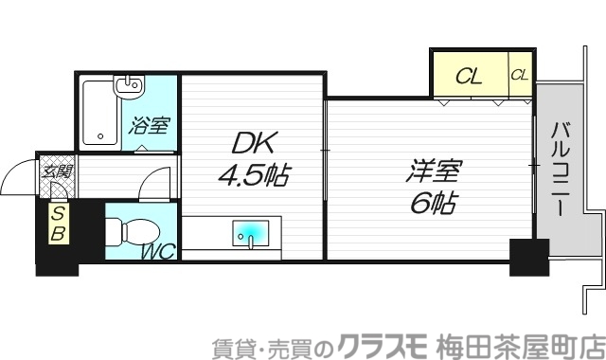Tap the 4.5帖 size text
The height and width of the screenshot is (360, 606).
point(254,176)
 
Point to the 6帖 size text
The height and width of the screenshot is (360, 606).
point(435,203)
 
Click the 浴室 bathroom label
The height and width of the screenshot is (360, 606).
point(150,124)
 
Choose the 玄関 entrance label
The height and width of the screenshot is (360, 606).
point(56,171)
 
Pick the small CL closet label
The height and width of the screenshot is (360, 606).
point(520,75)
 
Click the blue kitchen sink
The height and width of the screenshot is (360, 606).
point(251,232)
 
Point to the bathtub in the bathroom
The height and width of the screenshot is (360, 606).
point(98,112)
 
